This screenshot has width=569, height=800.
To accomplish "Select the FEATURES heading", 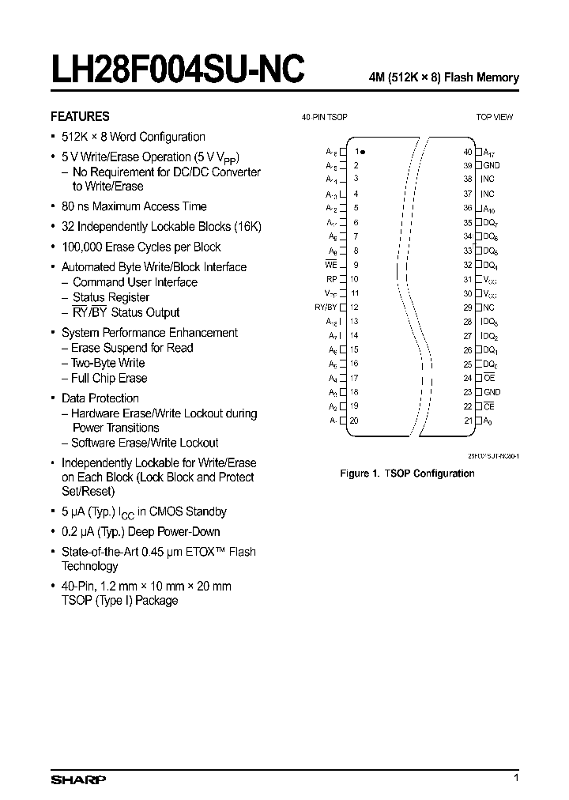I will pos(80,115).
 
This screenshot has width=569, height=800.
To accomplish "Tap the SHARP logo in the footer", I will pos(78,779).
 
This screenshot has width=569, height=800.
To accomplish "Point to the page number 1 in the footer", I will pos(516,779).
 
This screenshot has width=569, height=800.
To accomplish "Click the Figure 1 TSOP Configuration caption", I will pos(407,474).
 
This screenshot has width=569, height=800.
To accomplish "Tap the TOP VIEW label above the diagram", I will pos(494,117).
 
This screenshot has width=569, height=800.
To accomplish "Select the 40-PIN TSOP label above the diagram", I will pos(324,117).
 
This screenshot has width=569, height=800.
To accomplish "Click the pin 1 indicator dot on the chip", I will pos(364,151).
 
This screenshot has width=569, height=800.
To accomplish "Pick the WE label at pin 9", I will pos(331,265).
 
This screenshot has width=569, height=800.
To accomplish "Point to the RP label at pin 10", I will pos(331,279).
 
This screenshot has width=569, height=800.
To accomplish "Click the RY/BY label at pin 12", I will pos(326,308).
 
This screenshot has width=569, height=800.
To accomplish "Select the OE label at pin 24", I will pos(489,378).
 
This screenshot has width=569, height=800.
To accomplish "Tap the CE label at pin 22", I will pos(489,406).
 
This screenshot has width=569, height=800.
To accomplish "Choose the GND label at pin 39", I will pos(492,165).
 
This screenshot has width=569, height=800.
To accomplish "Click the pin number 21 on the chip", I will pos(468,421).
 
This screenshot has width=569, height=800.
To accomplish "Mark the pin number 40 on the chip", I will pos(468,151).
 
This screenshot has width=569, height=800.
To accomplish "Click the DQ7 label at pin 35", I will pos(491,222).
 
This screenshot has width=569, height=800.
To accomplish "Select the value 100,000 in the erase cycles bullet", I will pos(83,247).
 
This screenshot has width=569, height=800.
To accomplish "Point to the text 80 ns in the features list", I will pos(77,206).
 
